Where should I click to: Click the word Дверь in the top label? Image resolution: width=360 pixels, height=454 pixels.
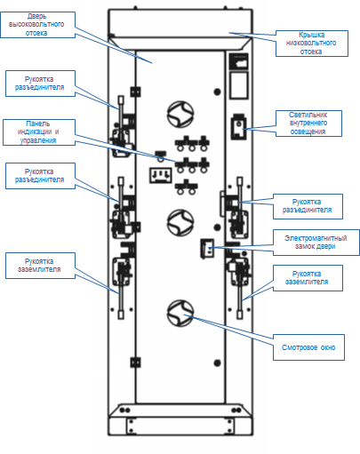[36, 16]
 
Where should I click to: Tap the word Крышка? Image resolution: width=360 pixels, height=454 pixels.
[311, 35]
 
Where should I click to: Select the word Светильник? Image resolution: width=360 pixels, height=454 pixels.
[308, 115]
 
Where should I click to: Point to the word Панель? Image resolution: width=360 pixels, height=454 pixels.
[38, 123]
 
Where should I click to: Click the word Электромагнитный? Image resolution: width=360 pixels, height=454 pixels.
[316, 238]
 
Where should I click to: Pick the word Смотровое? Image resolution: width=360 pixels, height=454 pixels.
[296, 347]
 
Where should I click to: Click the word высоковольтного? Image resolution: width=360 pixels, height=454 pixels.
[36, 24]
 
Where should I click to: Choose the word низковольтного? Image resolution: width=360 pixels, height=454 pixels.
[311, 43]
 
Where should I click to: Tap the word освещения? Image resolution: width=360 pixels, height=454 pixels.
[308, 131]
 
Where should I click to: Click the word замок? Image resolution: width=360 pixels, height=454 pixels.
[306, 246]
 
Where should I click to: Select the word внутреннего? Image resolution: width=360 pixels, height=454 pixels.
[308, 123]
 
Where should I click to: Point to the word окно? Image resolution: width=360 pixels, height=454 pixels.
[328, 347]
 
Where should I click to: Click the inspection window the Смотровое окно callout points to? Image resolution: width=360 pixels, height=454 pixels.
[180, 314]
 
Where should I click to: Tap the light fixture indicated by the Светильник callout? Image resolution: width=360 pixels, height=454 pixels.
[239, 127]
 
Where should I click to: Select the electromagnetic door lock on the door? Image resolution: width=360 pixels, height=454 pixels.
[207, 248]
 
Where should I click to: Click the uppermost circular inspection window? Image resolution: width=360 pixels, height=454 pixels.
[180, 115]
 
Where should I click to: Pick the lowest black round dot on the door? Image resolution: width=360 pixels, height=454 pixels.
[217, 362]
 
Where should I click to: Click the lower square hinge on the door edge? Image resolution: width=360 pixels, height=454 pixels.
[135, 362]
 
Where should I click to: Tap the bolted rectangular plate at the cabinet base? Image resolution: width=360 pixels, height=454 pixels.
[180, 426]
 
